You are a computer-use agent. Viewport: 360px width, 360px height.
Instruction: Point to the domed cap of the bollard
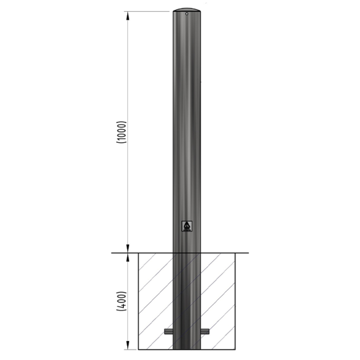[x=187, y=10]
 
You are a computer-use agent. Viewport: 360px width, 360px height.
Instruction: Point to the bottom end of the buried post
[x=187, y=347]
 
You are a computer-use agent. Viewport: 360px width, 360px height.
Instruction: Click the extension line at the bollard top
[x=148, y=11]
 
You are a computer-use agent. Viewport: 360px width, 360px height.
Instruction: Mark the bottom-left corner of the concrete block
[x=139, y=349]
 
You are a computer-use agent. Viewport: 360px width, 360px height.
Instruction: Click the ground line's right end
[x=248, y=253]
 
